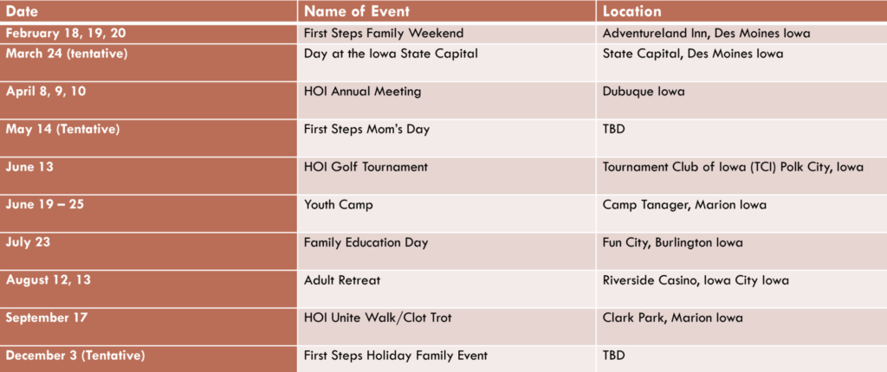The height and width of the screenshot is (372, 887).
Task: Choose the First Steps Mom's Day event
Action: click(367, 130)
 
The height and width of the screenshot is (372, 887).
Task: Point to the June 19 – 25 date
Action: click(45, 205)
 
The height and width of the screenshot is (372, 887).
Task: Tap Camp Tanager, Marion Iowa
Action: click(684, 205)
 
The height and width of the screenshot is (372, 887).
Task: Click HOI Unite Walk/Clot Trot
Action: click(378, 317)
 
